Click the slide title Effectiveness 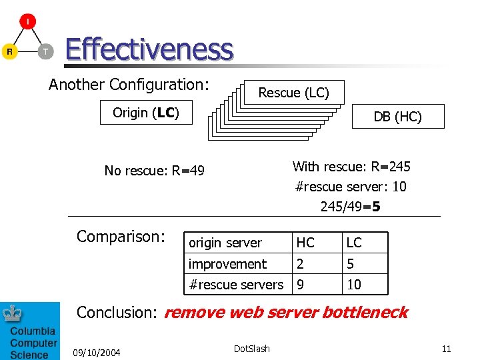[x=149, y=49]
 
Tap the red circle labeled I [x=27, y=22]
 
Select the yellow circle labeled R [x=9, y=51]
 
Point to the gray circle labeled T [x=45, y=51]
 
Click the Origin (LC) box [x=146, y=113]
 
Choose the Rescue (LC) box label [x=293, y=93]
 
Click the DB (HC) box [x=397, y=117]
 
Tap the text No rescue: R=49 [x=154, y=171]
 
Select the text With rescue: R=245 [x=351, y=167]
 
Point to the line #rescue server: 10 [x=351, y=187]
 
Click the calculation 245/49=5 [x=351, y=207]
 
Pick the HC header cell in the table [x=305, y=243]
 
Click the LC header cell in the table [x=354, y=243]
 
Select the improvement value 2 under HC [x=301, y=264]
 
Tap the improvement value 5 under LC [x=350, y=264]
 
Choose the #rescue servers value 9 [x=301, y=285]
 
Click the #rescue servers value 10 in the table [x=354, y=285]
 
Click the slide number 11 [x=446, y=349]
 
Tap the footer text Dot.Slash [x=252, y=349]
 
